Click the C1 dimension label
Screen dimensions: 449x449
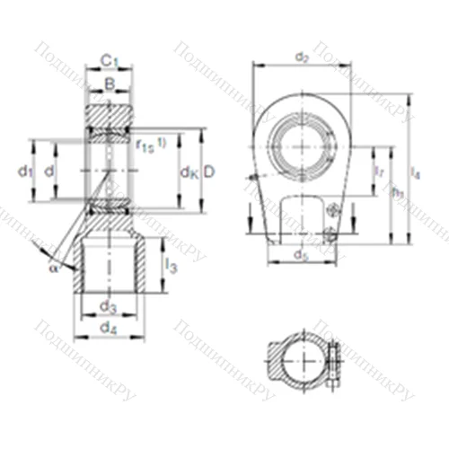tap(108, 60)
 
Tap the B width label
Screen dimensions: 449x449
tap(108, 85)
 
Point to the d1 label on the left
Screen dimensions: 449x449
tap(26, 171)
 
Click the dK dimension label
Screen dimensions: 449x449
tap(189, 171)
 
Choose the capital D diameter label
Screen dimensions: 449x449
tap(209, 171)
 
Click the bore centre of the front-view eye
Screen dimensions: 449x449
tap(305, 142)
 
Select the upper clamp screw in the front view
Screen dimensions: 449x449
tap(333, 212)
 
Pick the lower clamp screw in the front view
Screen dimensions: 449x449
tap(331, 235)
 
